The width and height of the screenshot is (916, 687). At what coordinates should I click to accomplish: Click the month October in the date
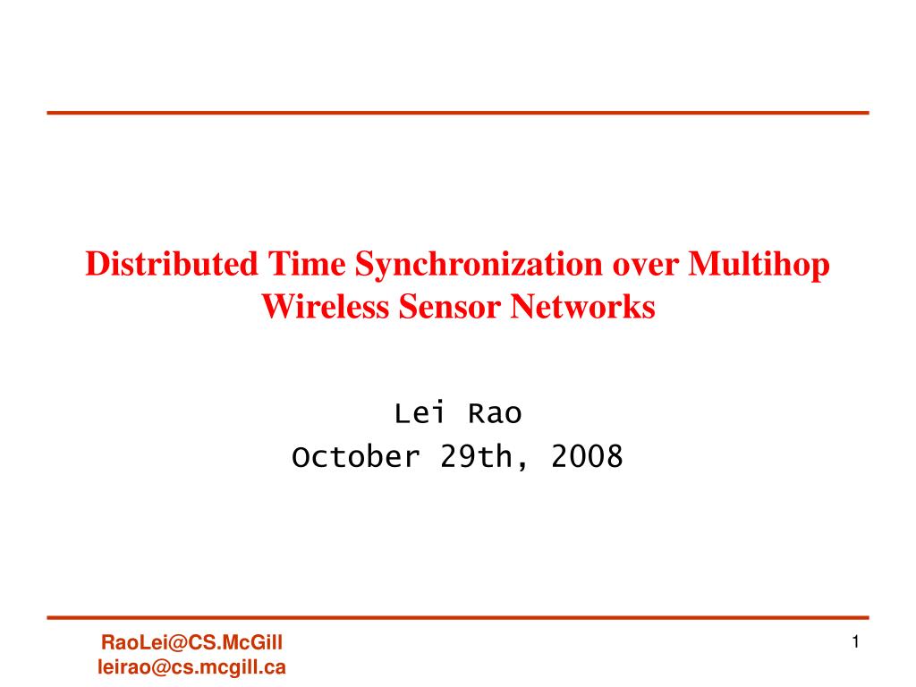(x=355, y=457)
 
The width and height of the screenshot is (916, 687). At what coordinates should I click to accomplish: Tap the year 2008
(x=587, y=457)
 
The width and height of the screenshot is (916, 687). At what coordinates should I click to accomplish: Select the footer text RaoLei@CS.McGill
(x=192, y=642)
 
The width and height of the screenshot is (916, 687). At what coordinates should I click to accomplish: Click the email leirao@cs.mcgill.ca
(x=191, y=666)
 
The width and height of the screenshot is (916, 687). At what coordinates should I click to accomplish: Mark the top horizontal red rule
(x=458, y=113)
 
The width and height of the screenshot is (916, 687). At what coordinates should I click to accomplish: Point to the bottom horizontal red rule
(x=458, y=617)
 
